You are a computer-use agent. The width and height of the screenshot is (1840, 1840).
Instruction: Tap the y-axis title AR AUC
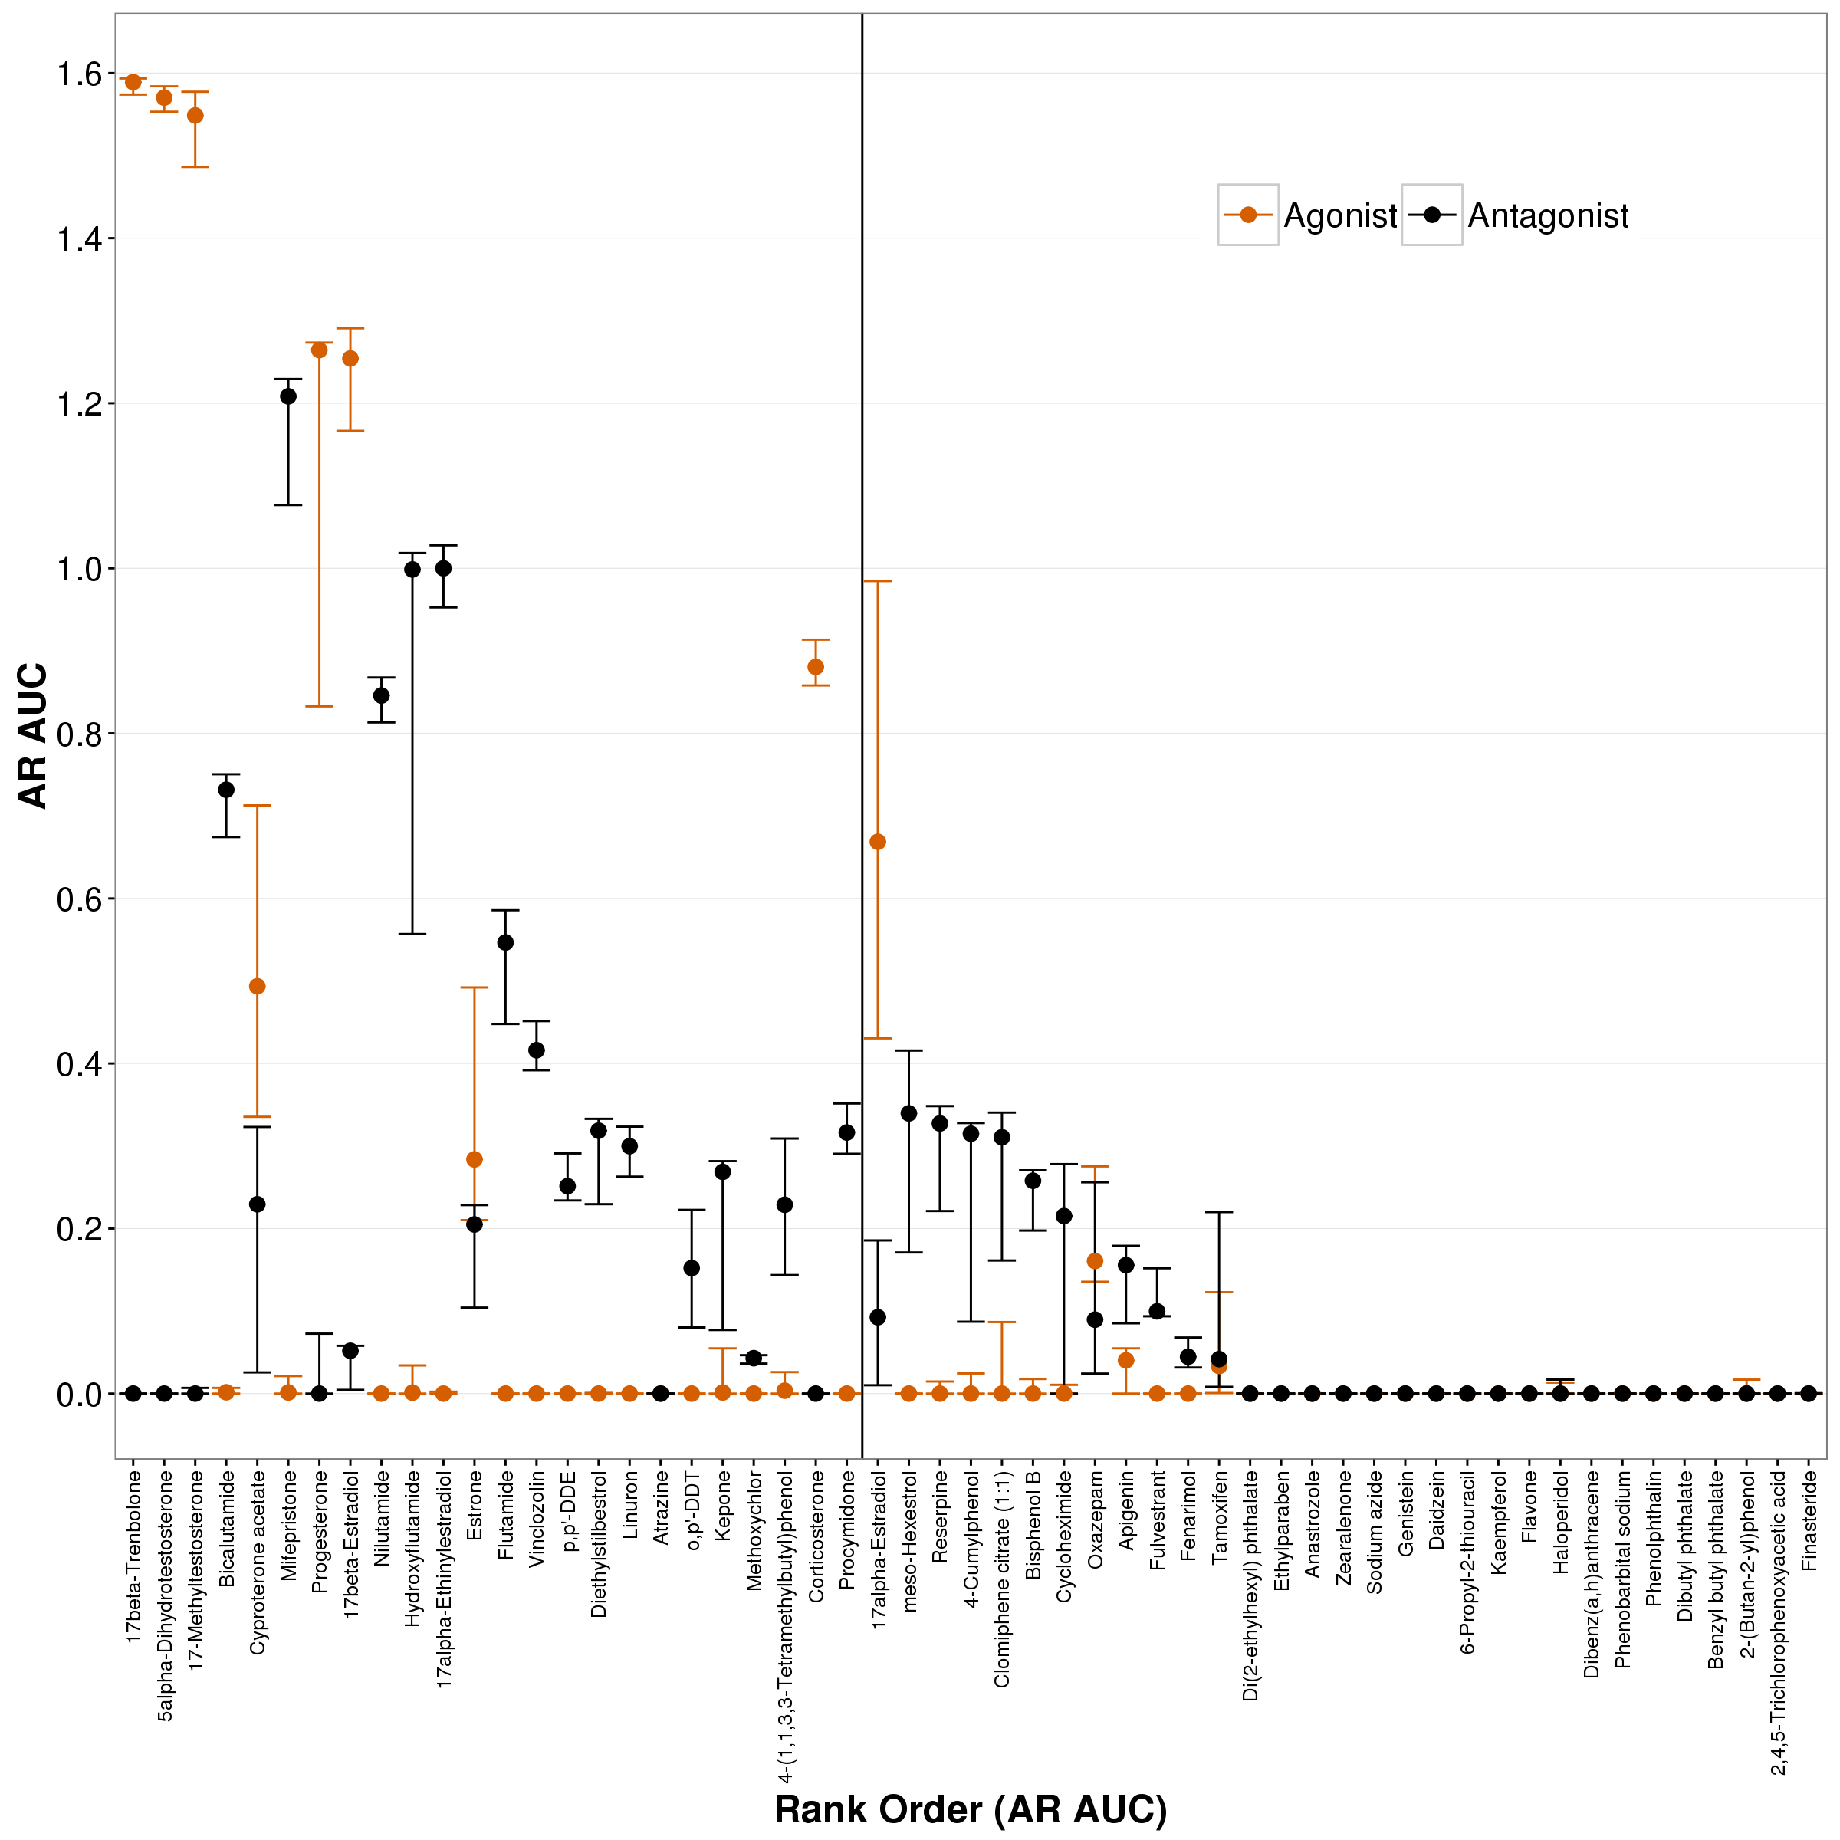coord(34,734)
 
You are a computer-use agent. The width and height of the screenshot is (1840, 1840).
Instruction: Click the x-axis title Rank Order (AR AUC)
coord(970,1809)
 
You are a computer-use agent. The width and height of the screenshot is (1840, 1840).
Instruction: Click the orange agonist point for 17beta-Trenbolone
coord(133,83)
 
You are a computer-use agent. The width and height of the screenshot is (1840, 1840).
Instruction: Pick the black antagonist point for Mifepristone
coord(288,396)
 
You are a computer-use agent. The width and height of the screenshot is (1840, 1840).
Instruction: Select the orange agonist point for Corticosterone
coord(815,667)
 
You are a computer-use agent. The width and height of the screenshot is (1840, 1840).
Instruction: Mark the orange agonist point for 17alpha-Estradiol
coord(878,842)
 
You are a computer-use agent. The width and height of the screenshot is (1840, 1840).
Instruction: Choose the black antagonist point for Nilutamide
coord(381,695)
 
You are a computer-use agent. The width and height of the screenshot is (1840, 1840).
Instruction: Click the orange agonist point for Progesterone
coord(319,350)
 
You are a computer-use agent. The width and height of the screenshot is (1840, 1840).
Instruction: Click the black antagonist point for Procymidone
coord(846,1132)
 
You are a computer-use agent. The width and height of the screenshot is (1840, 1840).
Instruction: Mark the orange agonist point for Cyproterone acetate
coord(257,987)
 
